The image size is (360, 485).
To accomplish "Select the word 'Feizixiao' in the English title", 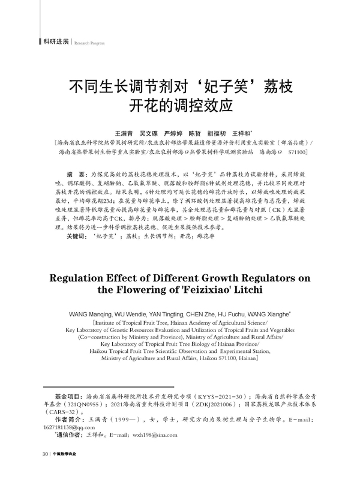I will click(x=197, y=291).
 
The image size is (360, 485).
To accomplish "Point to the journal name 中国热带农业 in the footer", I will click(x=64, y=469).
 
